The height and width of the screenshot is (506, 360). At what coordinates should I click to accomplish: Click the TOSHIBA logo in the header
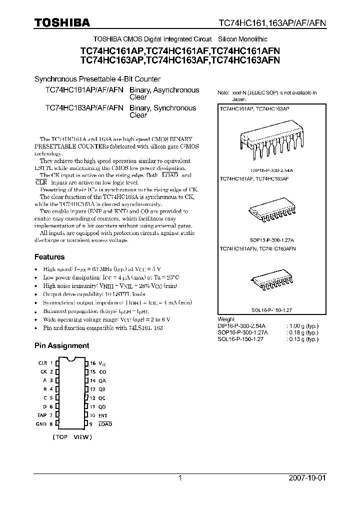[x=61, y=22]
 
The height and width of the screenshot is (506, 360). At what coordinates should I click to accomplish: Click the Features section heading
[x=49, y=257]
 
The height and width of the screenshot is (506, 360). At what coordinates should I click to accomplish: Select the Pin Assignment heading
[x=61, y=345]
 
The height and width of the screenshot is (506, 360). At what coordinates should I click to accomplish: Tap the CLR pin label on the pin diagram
[x=42, y=362]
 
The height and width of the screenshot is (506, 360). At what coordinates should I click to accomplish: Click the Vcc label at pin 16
[x=102, y=363]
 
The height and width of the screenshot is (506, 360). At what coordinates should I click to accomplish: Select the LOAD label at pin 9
[x=105, y=424]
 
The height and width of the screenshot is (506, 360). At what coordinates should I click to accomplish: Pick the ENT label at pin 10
[x=103, y=415]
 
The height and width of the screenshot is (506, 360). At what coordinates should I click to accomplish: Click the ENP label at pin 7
[x=42, y=415]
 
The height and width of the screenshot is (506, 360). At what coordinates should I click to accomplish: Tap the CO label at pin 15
[x=102, y=371]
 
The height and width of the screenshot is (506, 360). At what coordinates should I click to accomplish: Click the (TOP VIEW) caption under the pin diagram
[x=72, y=436]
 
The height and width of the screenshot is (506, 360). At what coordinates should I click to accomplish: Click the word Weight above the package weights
[x=226, y=319]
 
